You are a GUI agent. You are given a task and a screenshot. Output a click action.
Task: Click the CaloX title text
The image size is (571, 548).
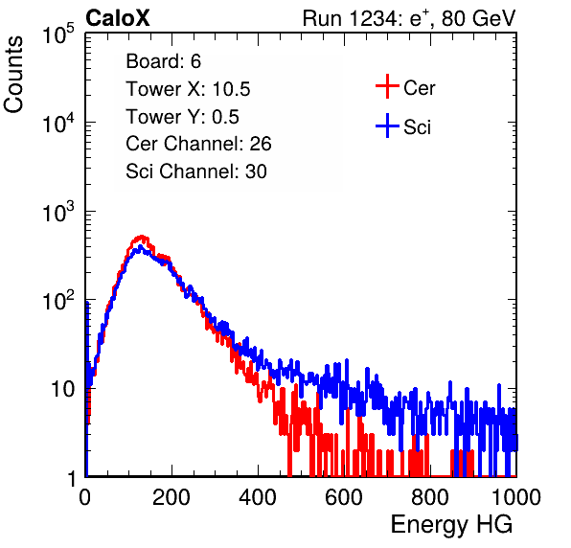coord(118,18)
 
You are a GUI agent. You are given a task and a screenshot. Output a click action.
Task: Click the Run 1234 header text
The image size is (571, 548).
coord(409,18)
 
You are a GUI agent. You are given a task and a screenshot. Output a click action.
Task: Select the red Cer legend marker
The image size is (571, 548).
coord(387,86)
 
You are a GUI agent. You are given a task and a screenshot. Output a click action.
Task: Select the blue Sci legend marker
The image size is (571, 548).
coord(387,126)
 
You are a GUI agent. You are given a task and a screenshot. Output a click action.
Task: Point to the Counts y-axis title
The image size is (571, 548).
coord(13,75)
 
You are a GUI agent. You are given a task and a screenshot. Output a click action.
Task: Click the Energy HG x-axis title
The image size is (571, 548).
coord(451,524)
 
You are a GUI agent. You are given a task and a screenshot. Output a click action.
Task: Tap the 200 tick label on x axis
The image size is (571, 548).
coord(171,497)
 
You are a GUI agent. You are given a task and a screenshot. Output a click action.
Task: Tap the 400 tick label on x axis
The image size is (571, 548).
coord(258,497)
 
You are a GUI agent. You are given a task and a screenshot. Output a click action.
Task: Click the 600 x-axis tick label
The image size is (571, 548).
coord(344,497)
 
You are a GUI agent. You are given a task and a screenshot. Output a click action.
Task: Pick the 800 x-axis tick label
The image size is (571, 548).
coord(430,497)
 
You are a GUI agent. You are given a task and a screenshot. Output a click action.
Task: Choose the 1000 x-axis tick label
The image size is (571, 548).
coord(516,497)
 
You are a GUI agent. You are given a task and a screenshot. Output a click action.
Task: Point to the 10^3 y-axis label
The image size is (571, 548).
coord(58,212)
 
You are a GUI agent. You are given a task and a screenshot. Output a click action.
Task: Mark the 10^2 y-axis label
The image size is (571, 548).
coord(58,300)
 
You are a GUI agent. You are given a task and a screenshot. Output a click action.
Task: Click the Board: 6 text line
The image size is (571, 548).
coord(164,61)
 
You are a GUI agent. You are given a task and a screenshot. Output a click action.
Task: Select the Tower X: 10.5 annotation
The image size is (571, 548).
coord(188,89)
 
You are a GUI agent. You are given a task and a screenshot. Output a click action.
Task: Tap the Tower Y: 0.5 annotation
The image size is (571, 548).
coord(182,117)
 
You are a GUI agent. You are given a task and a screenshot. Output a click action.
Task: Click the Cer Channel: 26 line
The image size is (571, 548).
coord(198,144)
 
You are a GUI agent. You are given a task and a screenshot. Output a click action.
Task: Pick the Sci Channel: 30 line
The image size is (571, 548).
coord(196,171)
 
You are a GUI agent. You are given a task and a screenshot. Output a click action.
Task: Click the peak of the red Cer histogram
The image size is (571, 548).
coord(142,237)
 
